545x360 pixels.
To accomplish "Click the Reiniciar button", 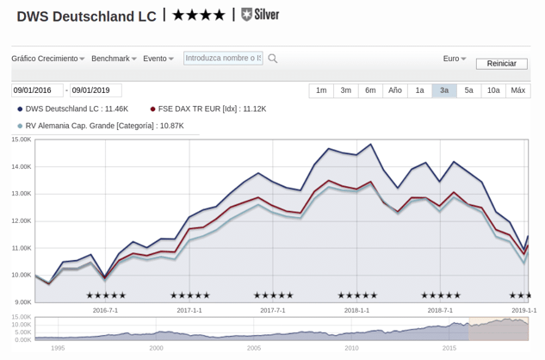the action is (x=502, y=64).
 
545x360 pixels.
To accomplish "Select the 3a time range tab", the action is (x=444, y=90).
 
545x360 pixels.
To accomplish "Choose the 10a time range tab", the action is (x=493, y=90).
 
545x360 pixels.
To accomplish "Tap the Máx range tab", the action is (x=518, y=90).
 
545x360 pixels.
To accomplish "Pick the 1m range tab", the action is (x=321, y=90).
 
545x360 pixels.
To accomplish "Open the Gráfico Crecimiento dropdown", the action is (x=48, y=59).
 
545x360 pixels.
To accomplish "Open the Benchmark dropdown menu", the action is (x=114, y=59).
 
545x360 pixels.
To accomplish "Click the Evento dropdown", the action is (x=158, y=59).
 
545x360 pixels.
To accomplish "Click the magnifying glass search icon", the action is (x=273, y=59).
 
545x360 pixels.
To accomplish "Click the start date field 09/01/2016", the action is (x=38, y=90).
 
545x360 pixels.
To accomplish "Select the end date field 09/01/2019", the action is (x=96, y=90).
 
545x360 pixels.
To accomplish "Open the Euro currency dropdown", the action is (x=455, y=59).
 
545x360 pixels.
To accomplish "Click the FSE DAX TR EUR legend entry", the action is (x=208, y=109).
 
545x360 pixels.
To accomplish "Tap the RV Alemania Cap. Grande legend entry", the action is (x=101, y=126).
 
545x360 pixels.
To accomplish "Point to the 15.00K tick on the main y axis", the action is (x=22, y=140).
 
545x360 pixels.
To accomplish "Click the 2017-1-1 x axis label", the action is (x=189, y=310).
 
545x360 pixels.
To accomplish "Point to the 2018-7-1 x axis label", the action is (x=440, y=310).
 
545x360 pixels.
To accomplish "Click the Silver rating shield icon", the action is (x=246, y=15).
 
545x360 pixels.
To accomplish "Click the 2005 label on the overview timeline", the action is (x=254, y=348).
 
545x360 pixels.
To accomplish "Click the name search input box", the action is (x=223, y=58).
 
